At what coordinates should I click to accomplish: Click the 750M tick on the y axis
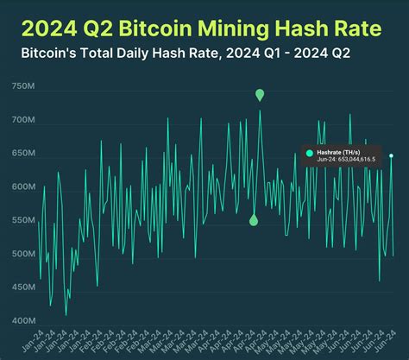point(23,86)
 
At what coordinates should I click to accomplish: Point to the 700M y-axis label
point(23,120)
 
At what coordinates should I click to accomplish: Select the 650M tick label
point(23,154)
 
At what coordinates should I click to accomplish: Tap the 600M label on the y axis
point(23,187)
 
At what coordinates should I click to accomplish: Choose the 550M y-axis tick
point(23,220)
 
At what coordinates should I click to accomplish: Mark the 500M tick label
point(23,254)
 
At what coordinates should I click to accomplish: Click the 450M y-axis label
point(23,287)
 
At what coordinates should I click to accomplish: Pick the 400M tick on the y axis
point(23,321)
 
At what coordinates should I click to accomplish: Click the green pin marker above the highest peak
point(260,94)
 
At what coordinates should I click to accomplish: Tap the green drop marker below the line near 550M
point(254,220)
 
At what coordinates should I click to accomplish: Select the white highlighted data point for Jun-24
point(391,155)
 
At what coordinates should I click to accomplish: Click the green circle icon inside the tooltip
point(310,153)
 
